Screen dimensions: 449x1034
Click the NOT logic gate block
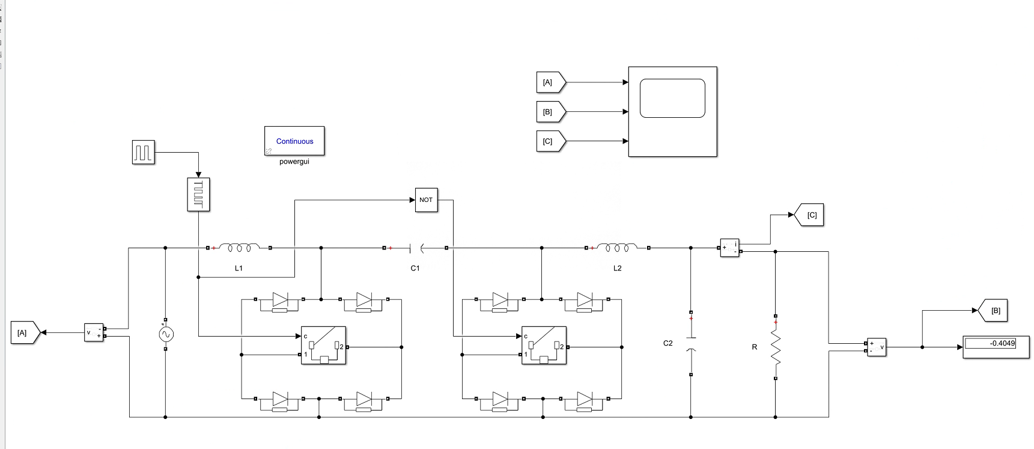point(426,200)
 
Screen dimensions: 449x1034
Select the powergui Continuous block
point(294,141)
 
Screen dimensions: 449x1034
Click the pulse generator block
point(143,152)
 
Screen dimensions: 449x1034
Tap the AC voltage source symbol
point(166,334)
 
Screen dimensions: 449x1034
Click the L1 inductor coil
point(239,248)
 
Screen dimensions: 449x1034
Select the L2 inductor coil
point(618,248)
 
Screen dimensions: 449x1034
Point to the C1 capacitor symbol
point(416,248)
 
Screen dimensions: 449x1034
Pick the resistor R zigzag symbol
point(776,347)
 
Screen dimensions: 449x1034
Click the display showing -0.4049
point(996,347)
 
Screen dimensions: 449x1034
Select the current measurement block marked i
point(729,248)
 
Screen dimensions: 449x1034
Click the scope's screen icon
point(672,99)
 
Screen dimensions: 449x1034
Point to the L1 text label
point(239,268)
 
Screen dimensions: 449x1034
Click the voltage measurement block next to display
point(876,347)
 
